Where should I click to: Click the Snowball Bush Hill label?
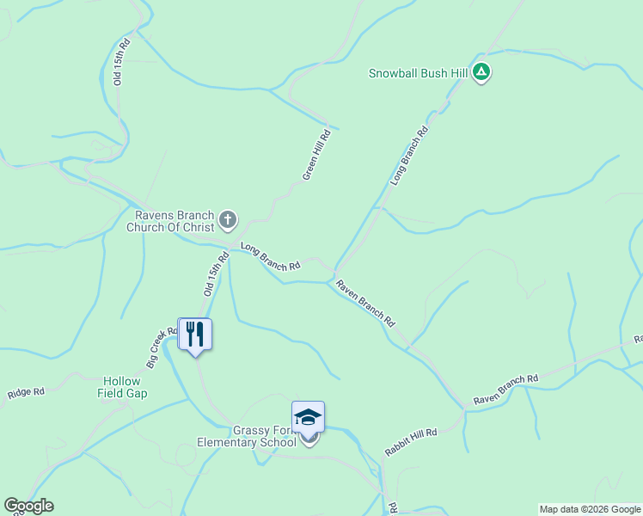[x=418, y=73]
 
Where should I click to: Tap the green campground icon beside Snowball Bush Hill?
[x=481, y=73]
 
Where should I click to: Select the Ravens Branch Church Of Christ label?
[x=169, y=221]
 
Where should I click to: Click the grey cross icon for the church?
[x=228, y=220]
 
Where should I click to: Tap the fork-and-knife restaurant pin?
[x=195, y=334]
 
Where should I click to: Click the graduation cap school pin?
[x=308, y=418]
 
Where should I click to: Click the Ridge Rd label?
[x=26, y=393]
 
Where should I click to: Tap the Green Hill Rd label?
[x=316, y=155]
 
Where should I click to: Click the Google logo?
[x=28, y=506]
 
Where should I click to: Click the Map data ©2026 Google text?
[x=590, y=509]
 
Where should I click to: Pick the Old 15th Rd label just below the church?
[x=217, y=274]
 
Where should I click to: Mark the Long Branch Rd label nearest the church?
[x=270, y=257]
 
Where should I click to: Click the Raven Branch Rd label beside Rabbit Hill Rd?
[x=505, y=390]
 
